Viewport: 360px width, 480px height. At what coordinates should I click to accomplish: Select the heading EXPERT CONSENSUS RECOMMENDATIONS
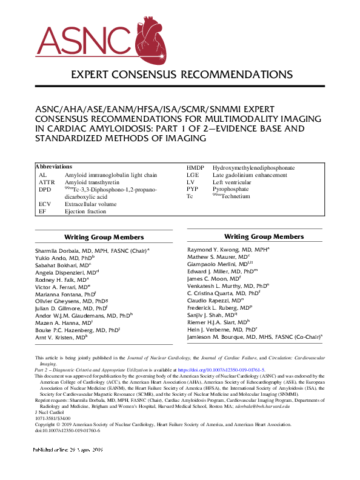coord(182,75)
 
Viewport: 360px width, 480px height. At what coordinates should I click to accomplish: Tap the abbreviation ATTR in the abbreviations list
coord(47,182)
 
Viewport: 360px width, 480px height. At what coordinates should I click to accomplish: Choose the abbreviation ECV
coord(45,204)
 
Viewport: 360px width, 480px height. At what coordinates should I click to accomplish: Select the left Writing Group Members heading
coord(104,237)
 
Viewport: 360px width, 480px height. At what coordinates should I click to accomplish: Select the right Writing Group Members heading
coord(264,236)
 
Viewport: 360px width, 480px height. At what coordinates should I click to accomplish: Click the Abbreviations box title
coord(54,167)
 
